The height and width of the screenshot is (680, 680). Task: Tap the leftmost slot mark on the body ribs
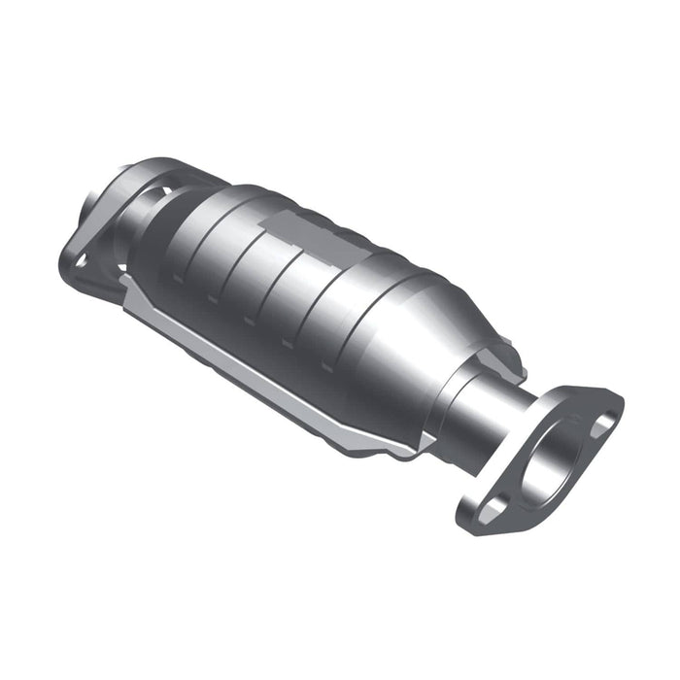click(x=179, y=276)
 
